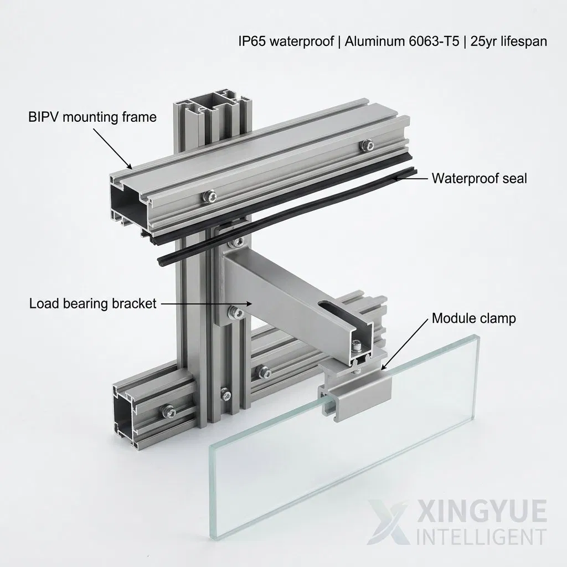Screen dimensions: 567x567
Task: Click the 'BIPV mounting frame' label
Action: click(92, 117)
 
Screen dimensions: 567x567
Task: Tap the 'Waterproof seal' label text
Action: click(479, 178)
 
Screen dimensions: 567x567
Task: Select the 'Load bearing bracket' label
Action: click(92, 303)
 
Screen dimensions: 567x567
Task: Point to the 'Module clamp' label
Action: click(474, 318)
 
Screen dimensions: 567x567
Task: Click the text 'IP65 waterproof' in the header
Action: click(286, 41)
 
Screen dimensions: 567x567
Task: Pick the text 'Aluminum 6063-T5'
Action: click(402, 41)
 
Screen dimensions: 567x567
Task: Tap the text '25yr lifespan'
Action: click(509, 41)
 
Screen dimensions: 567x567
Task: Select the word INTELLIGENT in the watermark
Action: click(481, 537)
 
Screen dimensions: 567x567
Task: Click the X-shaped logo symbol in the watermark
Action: click(388, 522)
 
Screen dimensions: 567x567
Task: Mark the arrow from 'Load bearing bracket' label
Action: click(206, 304)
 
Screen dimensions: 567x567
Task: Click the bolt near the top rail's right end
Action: click(367, 145)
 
